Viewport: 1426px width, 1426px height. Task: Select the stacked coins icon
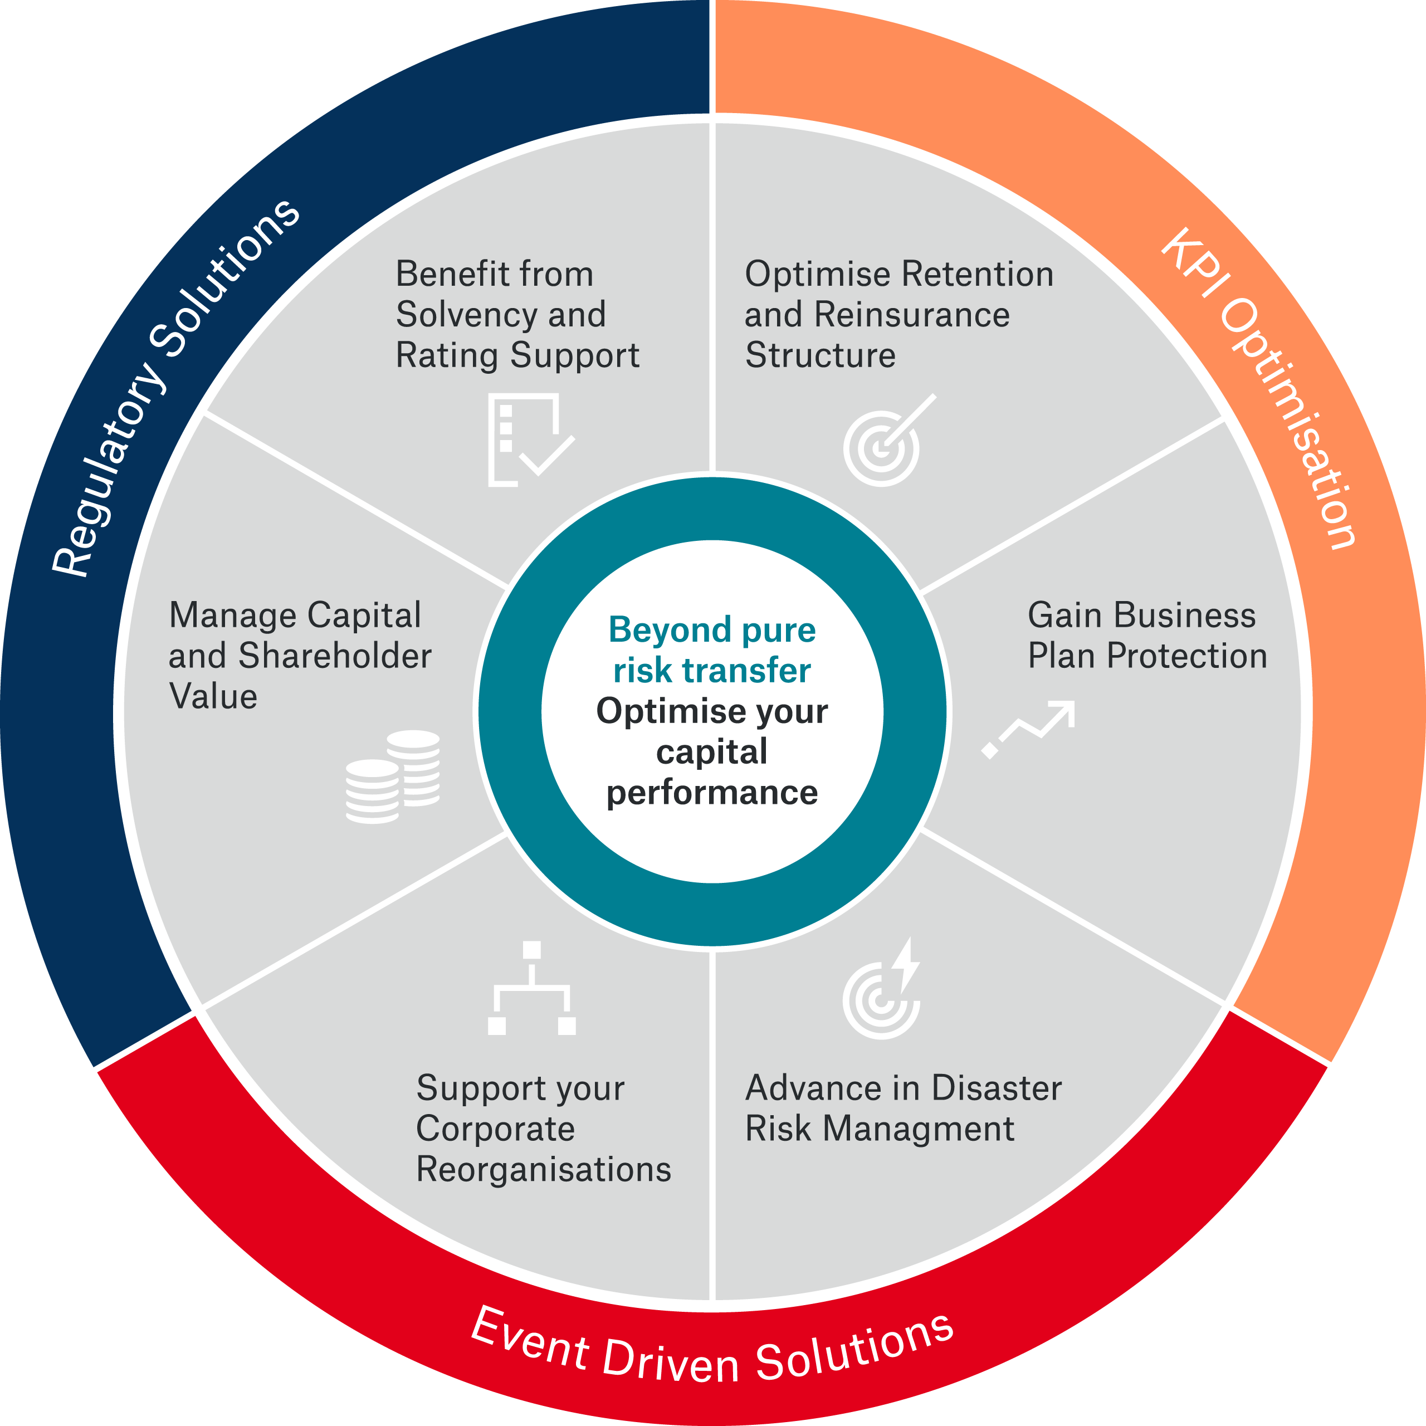click(393, 777)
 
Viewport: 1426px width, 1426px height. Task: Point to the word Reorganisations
click(543, 1169)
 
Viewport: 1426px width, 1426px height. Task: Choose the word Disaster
click(997, 1088)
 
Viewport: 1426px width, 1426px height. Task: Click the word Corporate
click(495, 1129)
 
